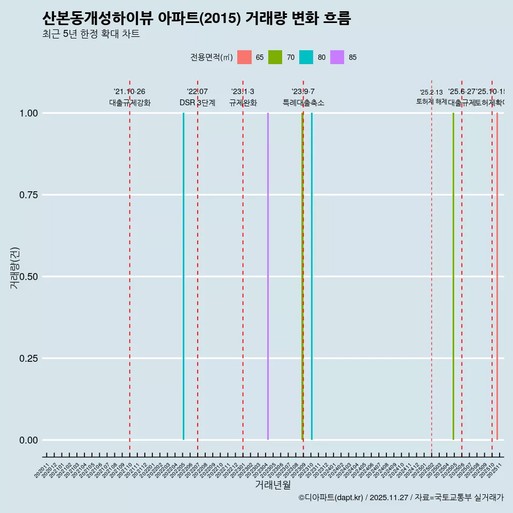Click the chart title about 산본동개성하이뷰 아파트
pos(197,19)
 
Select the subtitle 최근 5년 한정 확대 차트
pos(91,34)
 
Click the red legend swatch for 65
pos(244,57)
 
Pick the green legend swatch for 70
pos(275,57)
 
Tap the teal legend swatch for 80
pos(306,57)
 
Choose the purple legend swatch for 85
pos(337,57)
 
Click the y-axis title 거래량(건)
pos(14,268)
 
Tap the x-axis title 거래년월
pos(273,485)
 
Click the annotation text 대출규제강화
pos(130,103)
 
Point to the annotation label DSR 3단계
pos(197,103)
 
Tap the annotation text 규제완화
pos(243,103)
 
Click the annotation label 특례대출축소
pos(304,103)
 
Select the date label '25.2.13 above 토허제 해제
pos(431,92)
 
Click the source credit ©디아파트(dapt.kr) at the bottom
pos(331,498)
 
